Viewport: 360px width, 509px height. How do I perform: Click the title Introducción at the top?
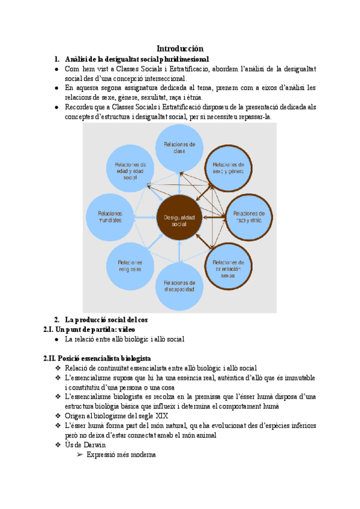pyautogui.click(x=180, y=48)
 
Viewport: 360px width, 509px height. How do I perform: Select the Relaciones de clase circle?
pyautogui.click(x=179, y=148)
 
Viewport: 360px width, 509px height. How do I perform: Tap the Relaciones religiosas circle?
pyautogui.click(x=130, y=266)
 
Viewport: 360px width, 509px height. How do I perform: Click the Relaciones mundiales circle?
pyautogui.click(x=110, y=216)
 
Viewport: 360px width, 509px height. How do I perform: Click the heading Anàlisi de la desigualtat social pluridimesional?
pyautogui.click(x=137, y=59)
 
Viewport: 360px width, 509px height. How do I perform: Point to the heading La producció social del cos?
pyautogui.click(x=104, y=319)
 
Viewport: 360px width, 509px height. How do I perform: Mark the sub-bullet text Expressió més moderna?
pyautogui.click(x=121, y=455)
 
